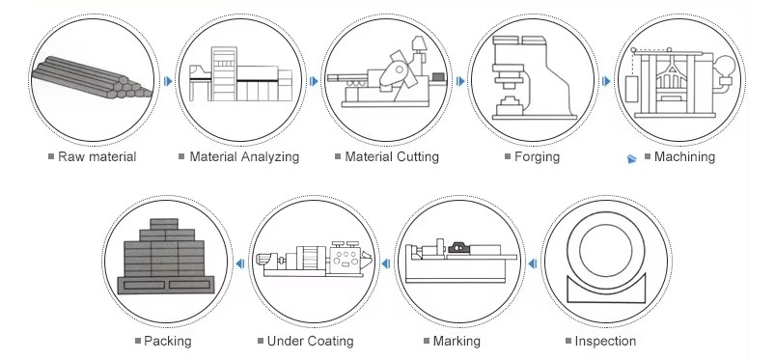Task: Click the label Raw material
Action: point(97,156)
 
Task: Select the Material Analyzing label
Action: point(244,156)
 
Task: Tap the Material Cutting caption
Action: point(392,156)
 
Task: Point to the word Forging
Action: point(537,156)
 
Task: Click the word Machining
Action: point(684,156)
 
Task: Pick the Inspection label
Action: point(605,341)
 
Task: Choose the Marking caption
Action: point(457,341)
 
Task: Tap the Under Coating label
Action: point(310,341)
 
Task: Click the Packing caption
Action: point(168,341)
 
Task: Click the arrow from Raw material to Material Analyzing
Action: point(168,81)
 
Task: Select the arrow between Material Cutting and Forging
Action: point(460,81)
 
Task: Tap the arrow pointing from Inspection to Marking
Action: point(533,263)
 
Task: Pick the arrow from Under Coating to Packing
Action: point(239,263)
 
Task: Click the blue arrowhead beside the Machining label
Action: point(631,158)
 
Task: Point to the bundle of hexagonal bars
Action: point(92,76)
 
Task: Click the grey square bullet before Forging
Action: point(508,156)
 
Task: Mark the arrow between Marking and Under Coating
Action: point(386,263)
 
